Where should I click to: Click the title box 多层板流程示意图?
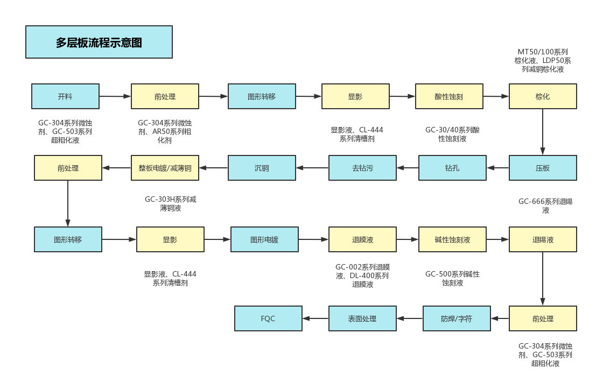99,42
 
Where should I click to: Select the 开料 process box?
65,97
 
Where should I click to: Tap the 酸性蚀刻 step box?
449,97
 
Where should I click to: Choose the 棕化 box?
543,97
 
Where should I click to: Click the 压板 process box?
543,168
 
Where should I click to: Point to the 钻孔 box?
452,168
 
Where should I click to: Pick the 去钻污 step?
362,168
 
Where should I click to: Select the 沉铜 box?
262,168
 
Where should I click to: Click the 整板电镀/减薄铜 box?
165,168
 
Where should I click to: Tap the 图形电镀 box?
264,239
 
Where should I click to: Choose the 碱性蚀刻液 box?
452,239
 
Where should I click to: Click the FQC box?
268,318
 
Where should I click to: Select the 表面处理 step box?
362,318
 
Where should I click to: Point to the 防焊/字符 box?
457,318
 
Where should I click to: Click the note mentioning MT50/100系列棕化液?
543,61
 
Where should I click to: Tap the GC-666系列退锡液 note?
545,205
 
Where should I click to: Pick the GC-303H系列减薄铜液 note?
170,203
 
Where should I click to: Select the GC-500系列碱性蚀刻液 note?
452,278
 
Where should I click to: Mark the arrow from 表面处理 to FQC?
315,318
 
